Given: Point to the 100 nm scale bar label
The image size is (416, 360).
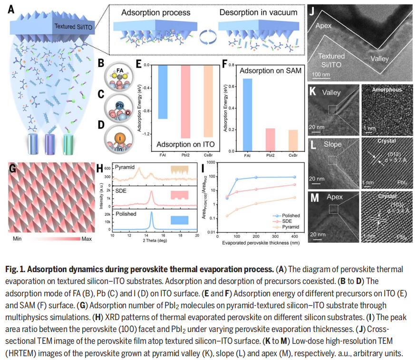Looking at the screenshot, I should click(321, 74).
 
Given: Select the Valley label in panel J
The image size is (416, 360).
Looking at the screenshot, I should click(379, 59).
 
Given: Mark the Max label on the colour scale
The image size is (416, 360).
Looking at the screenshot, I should click(87, 239).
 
